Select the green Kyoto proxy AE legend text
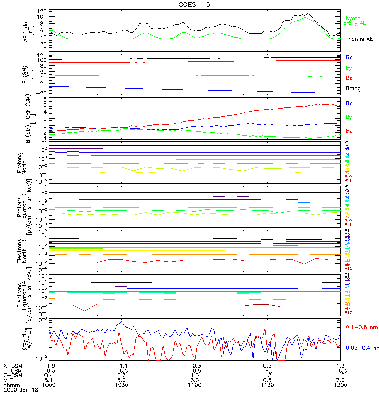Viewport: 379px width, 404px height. click(355, 21)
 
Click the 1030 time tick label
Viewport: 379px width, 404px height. click(121, 385)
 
